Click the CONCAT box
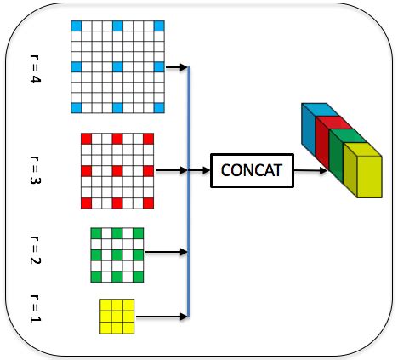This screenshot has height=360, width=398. (252, 170)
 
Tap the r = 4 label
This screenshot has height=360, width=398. (35, 69)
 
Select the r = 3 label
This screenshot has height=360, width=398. (35, 170)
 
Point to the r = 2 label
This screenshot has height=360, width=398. (35, 250)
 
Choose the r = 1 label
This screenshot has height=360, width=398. (35, 309)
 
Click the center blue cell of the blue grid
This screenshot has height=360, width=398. (117, 67)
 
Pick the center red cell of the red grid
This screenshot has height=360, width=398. (117, 171)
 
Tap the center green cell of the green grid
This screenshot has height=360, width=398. (117, 254)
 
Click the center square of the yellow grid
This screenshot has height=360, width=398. (117, 317)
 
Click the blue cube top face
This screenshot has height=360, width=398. (320, 110)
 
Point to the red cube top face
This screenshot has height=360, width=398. (333, 123)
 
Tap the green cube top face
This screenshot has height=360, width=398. (348, 136)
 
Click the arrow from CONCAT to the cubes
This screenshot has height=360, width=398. (310, 170)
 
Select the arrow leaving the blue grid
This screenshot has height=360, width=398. (177, 67)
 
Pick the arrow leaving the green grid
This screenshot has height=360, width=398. (167, 252)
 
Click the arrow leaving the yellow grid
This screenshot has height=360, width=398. (162, 317)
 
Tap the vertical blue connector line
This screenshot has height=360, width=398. (189, 191)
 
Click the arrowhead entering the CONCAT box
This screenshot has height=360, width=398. (207, 170)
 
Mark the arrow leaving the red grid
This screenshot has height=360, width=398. (172, 170)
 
